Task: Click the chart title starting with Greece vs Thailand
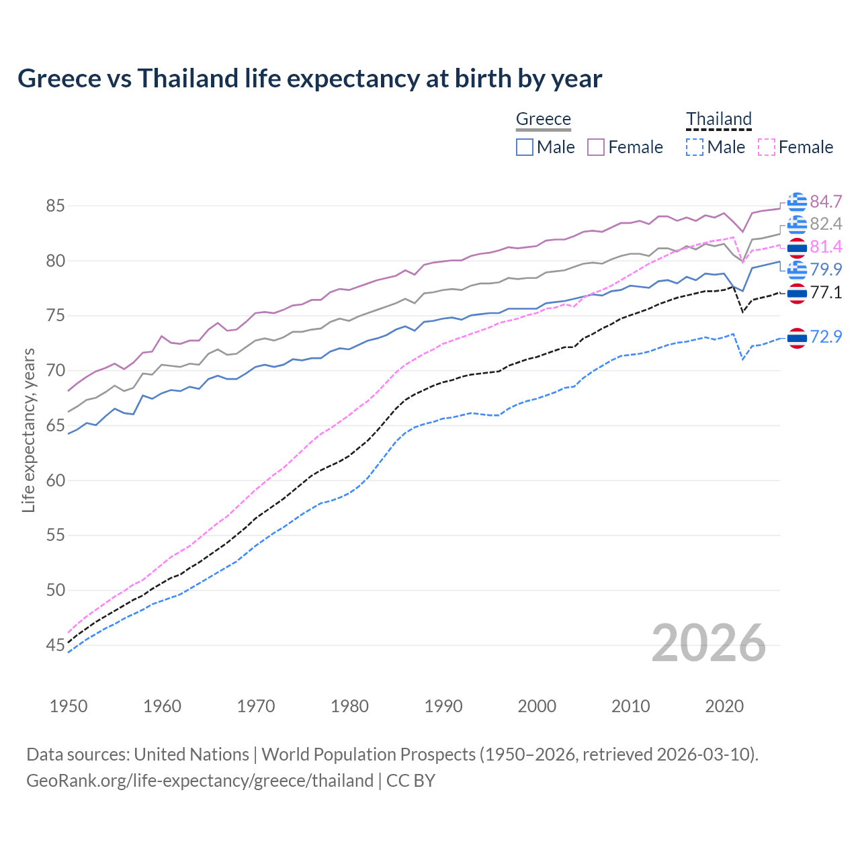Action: (310, 79)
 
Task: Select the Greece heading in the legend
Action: (543, 119)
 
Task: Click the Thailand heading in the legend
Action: (718, 119)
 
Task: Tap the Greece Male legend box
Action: (525, 147)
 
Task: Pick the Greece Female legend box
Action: (596, 147)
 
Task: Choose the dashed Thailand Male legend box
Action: (695, 147)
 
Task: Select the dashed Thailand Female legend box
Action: (766, 147)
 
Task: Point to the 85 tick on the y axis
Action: (55, 206)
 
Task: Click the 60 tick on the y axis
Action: (55, 480)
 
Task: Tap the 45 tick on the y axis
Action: (55, 646)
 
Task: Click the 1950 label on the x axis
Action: (69, 706)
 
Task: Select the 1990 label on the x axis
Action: (443, 706)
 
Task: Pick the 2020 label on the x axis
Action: (724, 706)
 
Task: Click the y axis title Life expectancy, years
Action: (28, 430)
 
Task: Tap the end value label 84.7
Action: (826, 202)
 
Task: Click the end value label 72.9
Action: (826, 337)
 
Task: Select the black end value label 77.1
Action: (826, 292)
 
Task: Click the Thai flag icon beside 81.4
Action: (797, 248)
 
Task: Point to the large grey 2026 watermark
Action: (709, 643)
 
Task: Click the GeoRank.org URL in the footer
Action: (200, 781)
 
